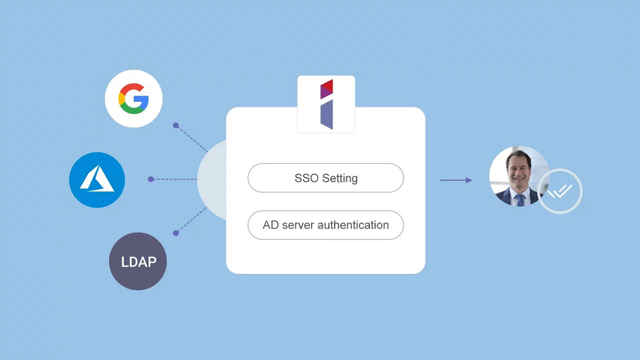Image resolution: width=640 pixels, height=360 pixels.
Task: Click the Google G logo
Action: pos(133,99)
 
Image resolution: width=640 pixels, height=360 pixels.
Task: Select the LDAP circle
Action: pos(138,261)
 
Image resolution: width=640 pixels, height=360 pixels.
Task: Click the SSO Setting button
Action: pos(326,178)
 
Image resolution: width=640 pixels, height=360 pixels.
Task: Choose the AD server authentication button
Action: pos(326,225)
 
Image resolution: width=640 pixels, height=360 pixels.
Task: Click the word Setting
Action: pos(340,179)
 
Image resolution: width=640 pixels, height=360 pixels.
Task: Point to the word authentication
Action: pos(353,225)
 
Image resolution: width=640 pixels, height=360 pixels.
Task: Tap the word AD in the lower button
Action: pos(270,225)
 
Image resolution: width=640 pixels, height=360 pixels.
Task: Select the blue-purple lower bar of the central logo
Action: pos(327,115)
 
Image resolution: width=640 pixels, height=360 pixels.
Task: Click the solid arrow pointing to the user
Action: pos(455,180)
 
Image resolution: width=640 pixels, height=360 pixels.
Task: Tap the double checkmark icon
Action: pos(560,191)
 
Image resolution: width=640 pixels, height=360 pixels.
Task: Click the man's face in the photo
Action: pos(519,167)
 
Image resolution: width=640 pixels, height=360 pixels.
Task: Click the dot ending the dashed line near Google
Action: pos(176,125)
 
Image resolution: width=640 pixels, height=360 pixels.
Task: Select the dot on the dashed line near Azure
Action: pos(151,179)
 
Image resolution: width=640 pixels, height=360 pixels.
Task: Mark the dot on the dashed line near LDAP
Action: pos(176,233)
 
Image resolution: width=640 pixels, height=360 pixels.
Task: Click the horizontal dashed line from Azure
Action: pos(174,179)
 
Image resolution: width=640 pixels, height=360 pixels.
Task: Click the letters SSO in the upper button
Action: pos(307,178)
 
